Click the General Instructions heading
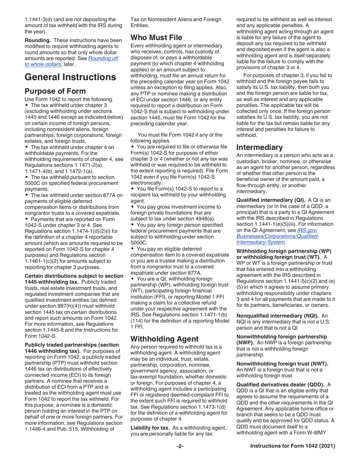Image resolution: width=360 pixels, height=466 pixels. click(70, 77)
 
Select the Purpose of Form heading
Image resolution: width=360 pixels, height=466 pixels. click(55, 91)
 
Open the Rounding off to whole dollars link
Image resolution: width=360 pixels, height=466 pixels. click(72, 61)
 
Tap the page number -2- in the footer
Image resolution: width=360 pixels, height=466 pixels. click(180, 446)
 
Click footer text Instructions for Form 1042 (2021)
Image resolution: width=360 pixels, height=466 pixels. click(293, 446)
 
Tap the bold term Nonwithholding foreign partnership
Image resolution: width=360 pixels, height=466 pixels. click(281, 336)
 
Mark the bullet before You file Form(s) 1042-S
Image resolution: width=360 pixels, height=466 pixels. click(132, 189)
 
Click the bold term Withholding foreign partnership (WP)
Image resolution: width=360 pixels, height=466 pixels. click(283, 251)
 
